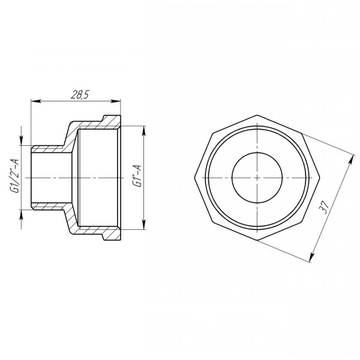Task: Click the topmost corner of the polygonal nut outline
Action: [256, 114]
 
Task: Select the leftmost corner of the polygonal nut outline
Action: [194, 178]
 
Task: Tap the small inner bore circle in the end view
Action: [256, 178]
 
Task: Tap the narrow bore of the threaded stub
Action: [51, 178]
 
